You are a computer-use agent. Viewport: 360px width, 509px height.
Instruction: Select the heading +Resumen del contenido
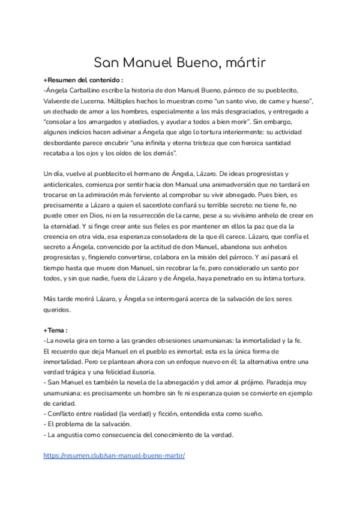click(x=83, y=80)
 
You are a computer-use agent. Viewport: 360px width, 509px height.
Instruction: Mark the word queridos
click(x=57, y=310)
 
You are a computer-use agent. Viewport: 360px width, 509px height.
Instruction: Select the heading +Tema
click(x=55, y=330)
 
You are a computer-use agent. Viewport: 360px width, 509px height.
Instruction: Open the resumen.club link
click(x=114, y=456)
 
